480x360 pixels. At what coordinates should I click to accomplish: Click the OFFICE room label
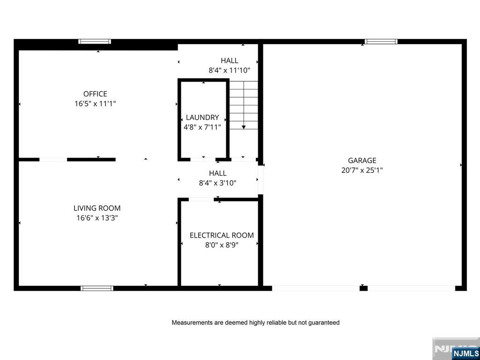point(95,94)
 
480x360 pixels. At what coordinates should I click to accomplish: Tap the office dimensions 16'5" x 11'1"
point(95,104)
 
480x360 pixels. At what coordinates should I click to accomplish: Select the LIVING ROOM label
point(97,208)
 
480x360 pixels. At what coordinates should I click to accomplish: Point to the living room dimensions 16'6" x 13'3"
point(97,218)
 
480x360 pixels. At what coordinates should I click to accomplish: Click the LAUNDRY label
point(202,117)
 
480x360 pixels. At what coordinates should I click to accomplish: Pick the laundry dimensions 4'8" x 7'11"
point(202,127)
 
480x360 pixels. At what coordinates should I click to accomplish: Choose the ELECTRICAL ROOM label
point(222,235)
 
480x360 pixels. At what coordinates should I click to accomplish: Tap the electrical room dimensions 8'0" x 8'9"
point(222,245)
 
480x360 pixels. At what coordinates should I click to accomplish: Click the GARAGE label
point(362,160)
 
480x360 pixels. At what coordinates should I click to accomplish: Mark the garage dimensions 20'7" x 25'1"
point(362,170)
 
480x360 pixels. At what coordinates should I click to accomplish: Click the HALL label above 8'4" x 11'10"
point(229,60)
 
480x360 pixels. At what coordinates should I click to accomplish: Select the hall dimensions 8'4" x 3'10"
point(217,183)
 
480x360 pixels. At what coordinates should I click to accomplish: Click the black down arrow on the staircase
point(244,127)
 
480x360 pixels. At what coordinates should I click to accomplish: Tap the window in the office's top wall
point(95,42)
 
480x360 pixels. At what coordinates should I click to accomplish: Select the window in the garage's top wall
point(381,42)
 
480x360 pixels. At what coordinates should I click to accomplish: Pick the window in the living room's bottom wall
point(97,288)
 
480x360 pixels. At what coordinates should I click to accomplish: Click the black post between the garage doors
point(363,288)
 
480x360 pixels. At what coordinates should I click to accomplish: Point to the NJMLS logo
point(465,353)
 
